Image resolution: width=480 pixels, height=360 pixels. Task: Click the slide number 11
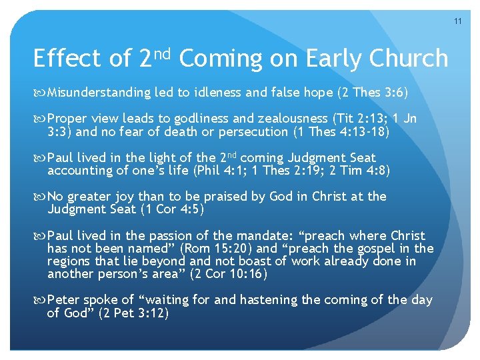click(458, 21)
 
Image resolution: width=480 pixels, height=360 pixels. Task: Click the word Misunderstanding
click(99, 92)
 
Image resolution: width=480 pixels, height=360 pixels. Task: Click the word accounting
click(75, 171)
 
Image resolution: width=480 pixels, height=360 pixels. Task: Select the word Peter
click(64, 300)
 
